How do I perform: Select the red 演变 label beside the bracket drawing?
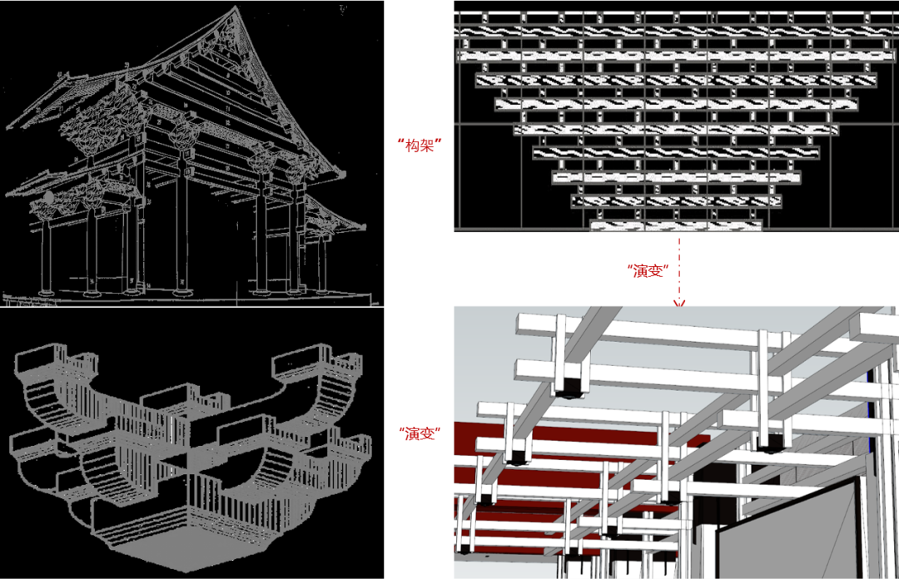click(420, 433)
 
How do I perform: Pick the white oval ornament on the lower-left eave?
click(47, 198)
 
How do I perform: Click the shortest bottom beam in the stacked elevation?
click(676, 225)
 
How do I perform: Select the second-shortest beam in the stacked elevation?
click(676, 201)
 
